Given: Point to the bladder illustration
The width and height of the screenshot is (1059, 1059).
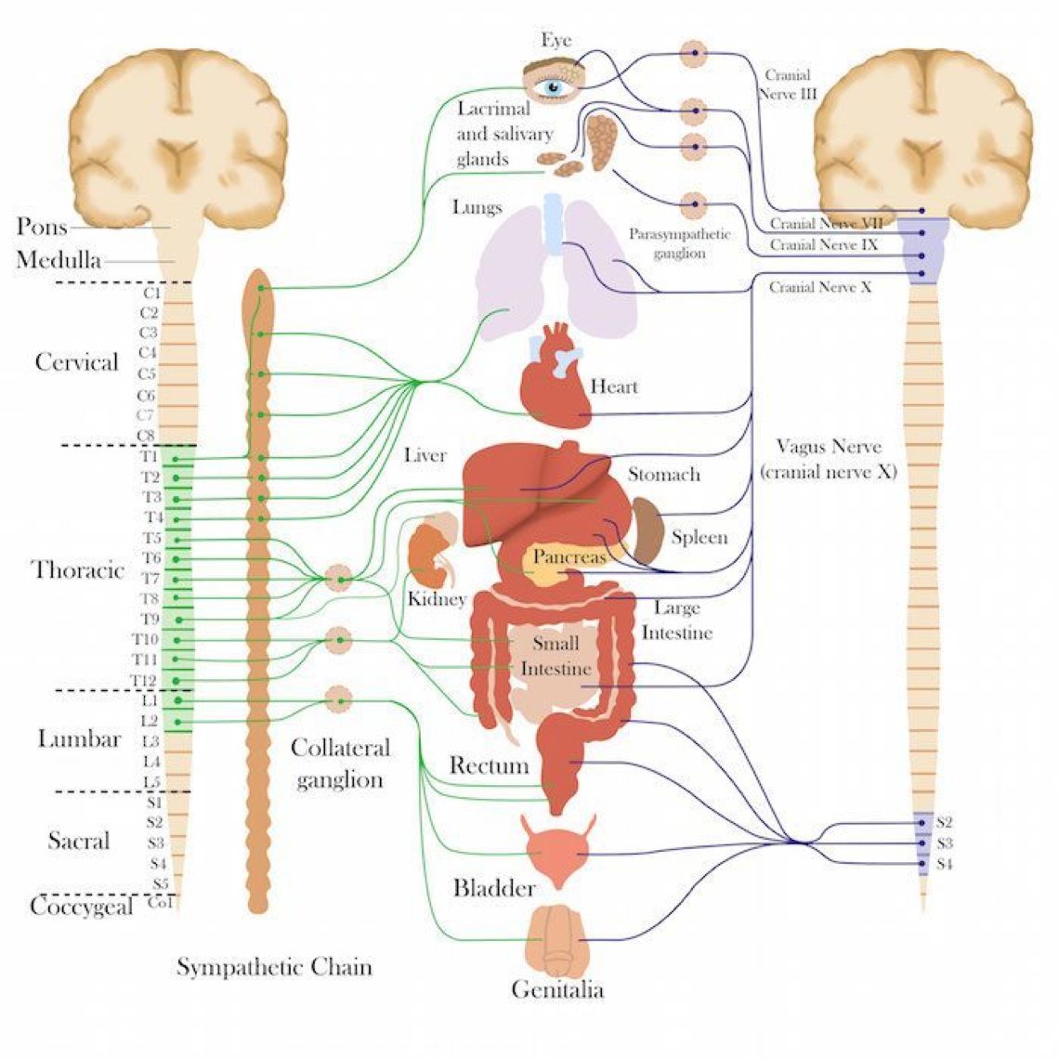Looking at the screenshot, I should click(x=556, y=851).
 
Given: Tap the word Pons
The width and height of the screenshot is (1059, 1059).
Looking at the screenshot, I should click(x=42, y=226).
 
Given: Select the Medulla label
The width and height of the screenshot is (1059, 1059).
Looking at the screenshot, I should click(x=59, y=260).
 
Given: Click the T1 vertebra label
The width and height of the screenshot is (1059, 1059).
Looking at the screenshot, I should click(x=149, y=457).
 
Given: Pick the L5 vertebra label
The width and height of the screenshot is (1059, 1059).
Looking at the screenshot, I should click(x=150, y=782).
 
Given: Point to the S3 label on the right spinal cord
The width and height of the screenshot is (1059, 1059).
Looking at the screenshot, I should click(x=945, y=843).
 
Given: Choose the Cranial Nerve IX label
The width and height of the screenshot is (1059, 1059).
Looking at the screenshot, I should click(x=823, y=246).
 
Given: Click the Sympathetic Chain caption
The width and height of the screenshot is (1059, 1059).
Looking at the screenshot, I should click(x=274, y=967).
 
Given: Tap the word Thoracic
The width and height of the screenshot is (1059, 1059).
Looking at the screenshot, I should click(x=79, y=570).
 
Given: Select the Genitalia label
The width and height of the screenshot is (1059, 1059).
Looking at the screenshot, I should click(x=557, y=990).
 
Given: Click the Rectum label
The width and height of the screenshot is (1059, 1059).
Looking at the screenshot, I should click(x=489, y=766).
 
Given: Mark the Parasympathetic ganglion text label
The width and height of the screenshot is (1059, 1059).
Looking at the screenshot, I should click(x=679, y=243).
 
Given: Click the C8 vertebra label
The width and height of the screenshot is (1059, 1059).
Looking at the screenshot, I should click(x=146, y=436).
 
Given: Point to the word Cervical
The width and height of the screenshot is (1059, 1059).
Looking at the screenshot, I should click(x=77, y=362).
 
